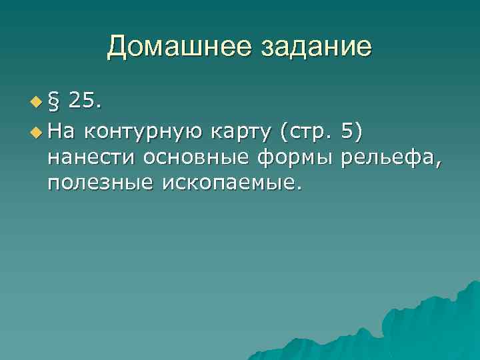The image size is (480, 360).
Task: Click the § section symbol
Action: (x=53, y=101)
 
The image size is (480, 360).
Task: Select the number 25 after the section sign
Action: (x=81, y=101)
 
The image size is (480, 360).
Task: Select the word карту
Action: (x=241, y=133)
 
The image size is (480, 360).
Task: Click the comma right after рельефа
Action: (x=437, y=162)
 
